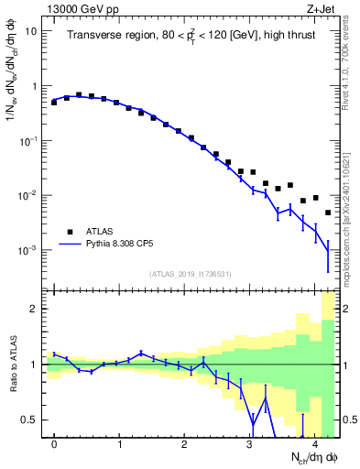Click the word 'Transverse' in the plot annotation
click(x=94, y=35)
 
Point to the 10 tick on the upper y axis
click(x=31, y=31)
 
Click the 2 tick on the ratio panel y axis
click(x=35, y=310)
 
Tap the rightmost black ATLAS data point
click(x=328, y=213)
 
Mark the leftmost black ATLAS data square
click(x=54, y=103)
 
